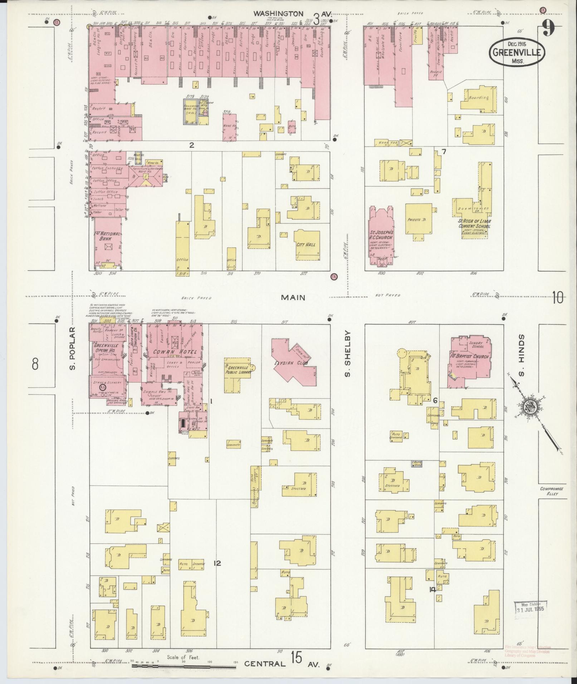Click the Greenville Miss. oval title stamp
(x=517, y=53)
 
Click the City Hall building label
(x=306, y=245)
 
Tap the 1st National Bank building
(x=108, y=243)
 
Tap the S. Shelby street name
(x=347, y=354)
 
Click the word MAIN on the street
(x=293, y=297)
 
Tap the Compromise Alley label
(x=551, y=491)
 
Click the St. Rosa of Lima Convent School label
(x=475, y=223)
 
